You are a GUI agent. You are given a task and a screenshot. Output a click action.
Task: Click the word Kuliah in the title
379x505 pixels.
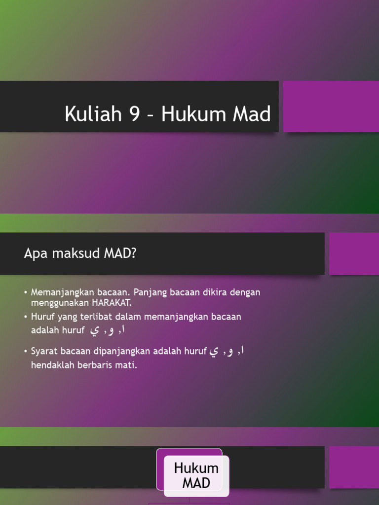tap(92, 114)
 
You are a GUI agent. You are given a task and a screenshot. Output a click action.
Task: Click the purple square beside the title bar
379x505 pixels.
tap(331, 107)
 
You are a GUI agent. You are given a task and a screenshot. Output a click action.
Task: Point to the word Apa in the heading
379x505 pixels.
tap(34, 253)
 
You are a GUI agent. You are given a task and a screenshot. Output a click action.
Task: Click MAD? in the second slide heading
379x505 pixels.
tap(120, 253)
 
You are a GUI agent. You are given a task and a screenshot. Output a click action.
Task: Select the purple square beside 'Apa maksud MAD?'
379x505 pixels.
tap(354, 253)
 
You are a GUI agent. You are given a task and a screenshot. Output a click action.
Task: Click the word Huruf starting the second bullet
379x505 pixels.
tap(43, 317)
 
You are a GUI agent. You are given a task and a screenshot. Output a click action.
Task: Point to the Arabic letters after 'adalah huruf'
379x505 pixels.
tap(106, 330)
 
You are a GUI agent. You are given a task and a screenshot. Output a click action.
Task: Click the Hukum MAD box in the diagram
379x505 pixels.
tap(196, 475)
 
